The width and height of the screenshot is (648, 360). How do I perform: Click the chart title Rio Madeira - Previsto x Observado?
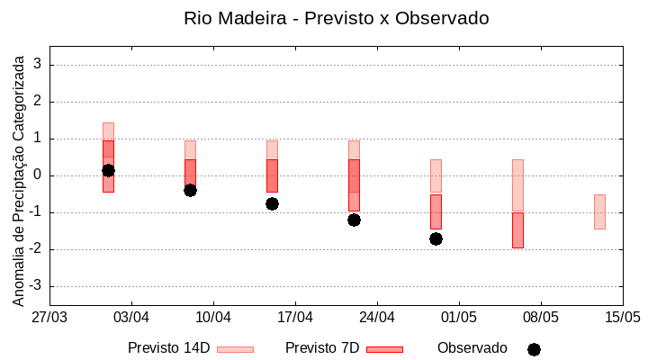336,18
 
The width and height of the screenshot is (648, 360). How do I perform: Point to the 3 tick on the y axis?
38,65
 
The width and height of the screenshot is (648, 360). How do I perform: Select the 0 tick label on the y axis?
38,175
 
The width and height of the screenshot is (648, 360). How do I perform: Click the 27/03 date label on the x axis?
49,318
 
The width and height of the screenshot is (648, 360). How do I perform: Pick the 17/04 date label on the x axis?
295,318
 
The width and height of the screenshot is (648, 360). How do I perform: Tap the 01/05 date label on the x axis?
459,318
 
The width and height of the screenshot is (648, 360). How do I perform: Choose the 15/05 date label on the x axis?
622,318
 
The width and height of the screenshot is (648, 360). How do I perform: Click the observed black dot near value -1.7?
436,238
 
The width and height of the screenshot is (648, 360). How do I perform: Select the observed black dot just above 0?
108,170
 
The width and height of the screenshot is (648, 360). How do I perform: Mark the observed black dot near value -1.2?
354,220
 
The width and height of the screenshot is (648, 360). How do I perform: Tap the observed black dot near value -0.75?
272,203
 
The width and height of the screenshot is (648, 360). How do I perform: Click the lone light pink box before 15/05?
599,211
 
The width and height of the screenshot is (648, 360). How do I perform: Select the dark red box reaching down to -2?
517,229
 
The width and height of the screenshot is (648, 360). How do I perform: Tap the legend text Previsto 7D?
322,348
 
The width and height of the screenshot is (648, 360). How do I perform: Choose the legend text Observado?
472,348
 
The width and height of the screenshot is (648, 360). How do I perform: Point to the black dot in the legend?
534,349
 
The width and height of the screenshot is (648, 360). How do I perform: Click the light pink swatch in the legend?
235,349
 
